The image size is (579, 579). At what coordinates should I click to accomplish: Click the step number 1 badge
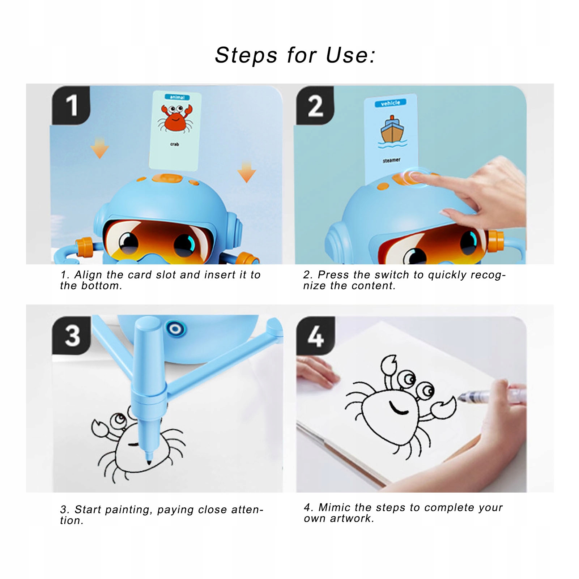71,105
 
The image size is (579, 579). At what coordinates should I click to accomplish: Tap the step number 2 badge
315,105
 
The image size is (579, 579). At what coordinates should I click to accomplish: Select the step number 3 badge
72,335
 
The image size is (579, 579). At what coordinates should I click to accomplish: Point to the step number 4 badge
315,335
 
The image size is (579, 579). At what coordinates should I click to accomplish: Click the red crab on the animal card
175,118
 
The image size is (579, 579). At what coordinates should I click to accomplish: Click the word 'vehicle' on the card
391,103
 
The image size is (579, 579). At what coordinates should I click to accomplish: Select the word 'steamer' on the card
392,160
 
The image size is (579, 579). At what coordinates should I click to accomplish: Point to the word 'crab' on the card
175,144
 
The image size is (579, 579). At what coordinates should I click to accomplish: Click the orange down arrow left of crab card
100,148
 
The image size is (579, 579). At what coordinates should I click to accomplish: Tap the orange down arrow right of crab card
247,172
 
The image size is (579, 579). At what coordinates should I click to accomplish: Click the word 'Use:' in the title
350,55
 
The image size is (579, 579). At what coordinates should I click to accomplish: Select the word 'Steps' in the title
246,55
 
